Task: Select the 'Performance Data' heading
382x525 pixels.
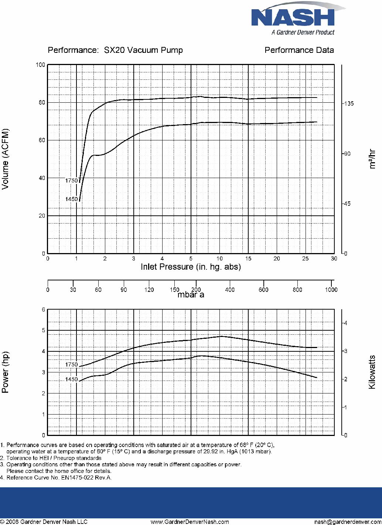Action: [299, 50]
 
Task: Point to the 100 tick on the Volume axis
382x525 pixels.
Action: [40, 65]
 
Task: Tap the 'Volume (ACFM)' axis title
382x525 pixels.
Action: [5, 159]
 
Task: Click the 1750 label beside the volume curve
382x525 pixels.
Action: [71, 180]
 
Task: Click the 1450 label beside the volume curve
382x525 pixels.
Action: [71, 199]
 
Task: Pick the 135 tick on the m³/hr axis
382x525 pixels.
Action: [348, 103]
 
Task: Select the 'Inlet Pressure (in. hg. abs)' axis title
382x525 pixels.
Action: [191, 267]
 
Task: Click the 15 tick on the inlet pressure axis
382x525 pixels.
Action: [248, 259]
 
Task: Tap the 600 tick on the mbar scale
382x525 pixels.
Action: [263, 290]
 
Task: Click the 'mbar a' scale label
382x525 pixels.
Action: [191, 294]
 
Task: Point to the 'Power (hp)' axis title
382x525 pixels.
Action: [5, 372]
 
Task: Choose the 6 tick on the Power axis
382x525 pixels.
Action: [43, 310]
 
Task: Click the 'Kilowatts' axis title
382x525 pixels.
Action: [372, 372]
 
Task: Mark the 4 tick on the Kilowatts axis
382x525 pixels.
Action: [345, 323]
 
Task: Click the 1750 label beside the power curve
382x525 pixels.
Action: [71, 364]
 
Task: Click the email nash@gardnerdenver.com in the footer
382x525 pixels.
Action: [348, 522]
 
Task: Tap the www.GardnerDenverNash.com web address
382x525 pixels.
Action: [190, 522]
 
